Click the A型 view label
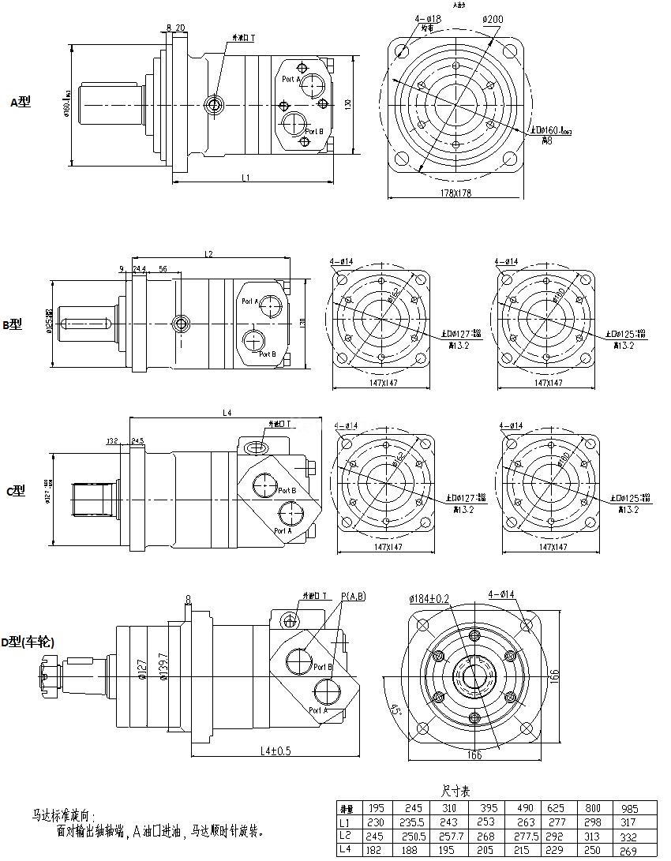point(21,102)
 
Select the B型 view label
point(13,324)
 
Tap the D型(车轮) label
point(28,643)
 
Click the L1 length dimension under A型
point(246,178)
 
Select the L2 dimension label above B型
point(209,254)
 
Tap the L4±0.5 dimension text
point(267,751)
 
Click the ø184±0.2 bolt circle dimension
point(429,599)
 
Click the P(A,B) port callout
point(353,596)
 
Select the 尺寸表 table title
point(454,791)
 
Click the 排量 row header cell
point(345,808)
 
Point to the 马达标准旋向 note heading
point(63,814)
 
